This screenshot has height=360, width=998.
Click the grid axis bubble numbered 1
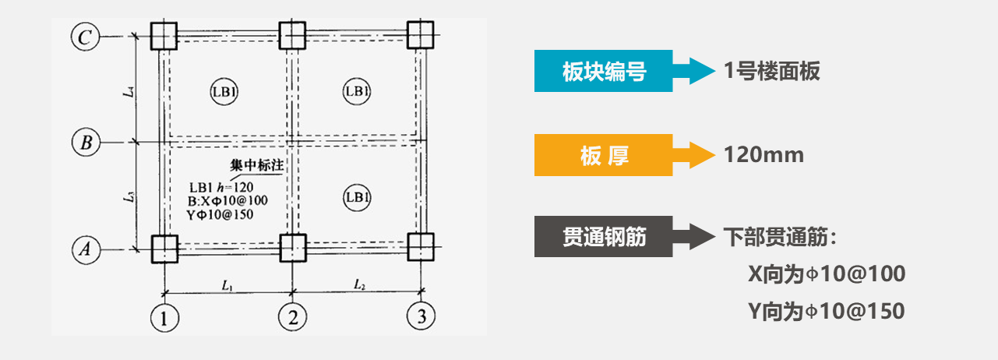pyautogui.click(x=164, y=316)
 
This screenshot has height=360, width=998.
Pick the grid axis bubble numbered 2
pyautogui.click(x=293, y=316)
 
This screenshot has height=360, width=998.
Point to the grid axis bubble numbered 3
pyautogui.click(x=421, y=316)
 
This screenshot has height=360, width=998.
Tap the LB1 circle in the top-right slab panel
pyautogui.click(x=356, y=92)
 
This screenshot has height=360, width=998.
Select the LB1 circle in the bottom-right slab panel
pyautogui.click(x=356, y=198)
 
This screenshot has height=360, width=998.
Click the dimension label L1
pyautogui.click(x=227, y=285)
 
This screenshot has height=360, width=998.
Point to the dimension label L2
pyautogui.click(x=359, y=285)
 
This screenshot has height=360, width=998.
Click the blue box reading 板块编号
pyautogui.click(x=603, y=72)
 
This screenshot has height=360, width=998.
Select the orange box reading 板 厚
pyautogui.click(x=603, y=155)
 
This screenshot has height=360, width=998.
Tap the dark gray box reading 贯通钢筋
pyautogui.click(x=603, y=237)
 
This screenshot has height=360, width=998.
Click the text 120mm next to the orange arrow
pyautogui.click(x=763, y=155)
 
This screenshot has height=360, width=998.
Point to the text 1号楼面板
pyautogui.click(x=771, y=72)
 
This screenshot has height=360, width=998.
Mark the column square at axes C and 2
pyautogui.click(x=293, y=35)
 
